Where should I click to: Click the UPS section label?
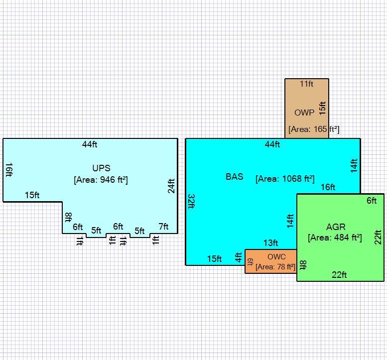pyautogui.click(x=101, y=168)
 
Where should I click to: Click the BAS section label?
pyautogui.click(x=235, y=177)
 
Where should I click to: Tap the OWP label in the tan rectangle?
pyautogui.click(x=304, y=113)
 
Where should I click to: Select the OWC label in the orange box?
pyautogui.click(x=276, y=257)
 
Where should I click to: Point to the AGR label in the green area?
pyautogui.click(x=336, y=227)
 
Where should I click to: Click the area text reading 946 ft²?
pyautogui.click(x=101, y=180)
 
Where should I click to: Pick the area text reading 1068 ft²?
pyautogui.click(x=285, y=179)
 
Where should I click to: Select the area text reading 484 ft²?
pyautogui.click(x=335, y=238)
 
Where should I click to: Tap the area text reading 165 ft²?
pyautogui.click(x=314, y=129)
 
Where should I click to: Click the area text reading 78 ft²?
pyautogui.click(x=275, y=267)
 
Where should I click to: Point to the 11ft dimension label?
pyautogui.click(x=306, y=84)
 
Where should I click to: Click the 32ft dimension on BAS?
pyautogui.click(x=192, y=201)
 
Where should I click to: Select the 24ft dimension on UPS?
pyautogui.click(x=171, y=186)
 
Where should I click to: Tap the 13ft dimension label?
pyautogui.click(x=271, y=243)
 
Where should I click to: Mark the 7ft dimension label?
pyautogui.click(x=163, y=226)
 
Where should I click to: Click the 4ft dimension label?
pyautogui.click(x=238, y=257)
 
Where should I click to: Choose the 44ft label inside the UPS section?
pyautogui.click(x=90, y=144)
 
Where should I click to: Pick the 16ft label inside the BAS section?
pyautogui.click(x=328, y=187)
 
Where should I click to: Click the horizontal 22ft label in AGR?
pyautogui.click(x=339, y=275)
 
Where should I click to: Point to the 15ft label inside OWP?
pyautogui.click(x=322, y=108)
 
